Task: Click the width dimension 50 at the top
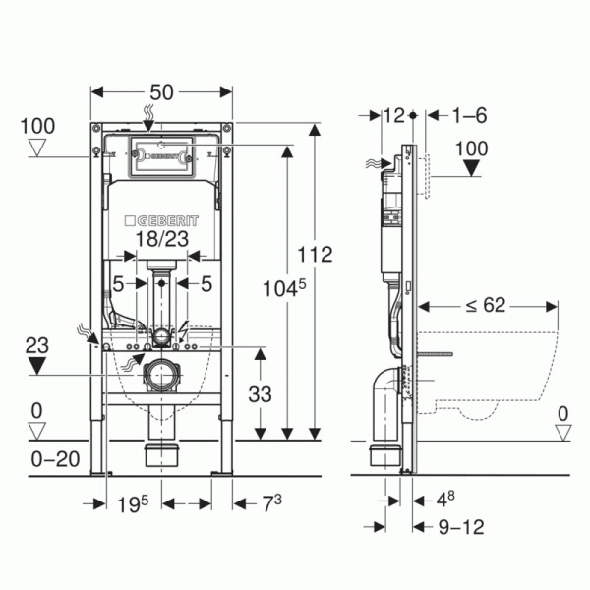(161, 92)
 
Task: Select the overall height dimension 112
(315, 255)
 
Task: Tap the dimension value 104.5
(284, 288)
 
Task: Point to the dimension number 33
(260, 394)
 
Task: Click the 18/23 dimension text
(162, 239)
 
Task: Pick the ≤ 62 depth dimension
(486, 305)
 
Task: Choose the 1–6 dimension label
(469, 115)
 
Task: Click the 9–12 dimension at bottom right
(461, 527)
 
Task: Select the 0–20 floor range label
(55, 459)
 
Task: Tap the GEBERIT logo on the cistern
(161, 221)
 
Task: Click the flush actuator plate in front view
(161, 156)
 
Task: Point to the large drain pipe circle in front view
(162, 376)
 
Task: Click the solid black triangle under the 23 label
(36, 365)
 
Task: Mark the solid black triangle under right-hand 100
(471, 167)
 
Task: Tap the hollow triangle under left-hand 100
(37, 147)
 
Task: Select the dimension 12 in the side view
(394, 115)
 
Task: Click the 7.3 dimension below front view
(271, 503)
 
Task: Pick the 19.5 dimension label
(133, 504)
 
